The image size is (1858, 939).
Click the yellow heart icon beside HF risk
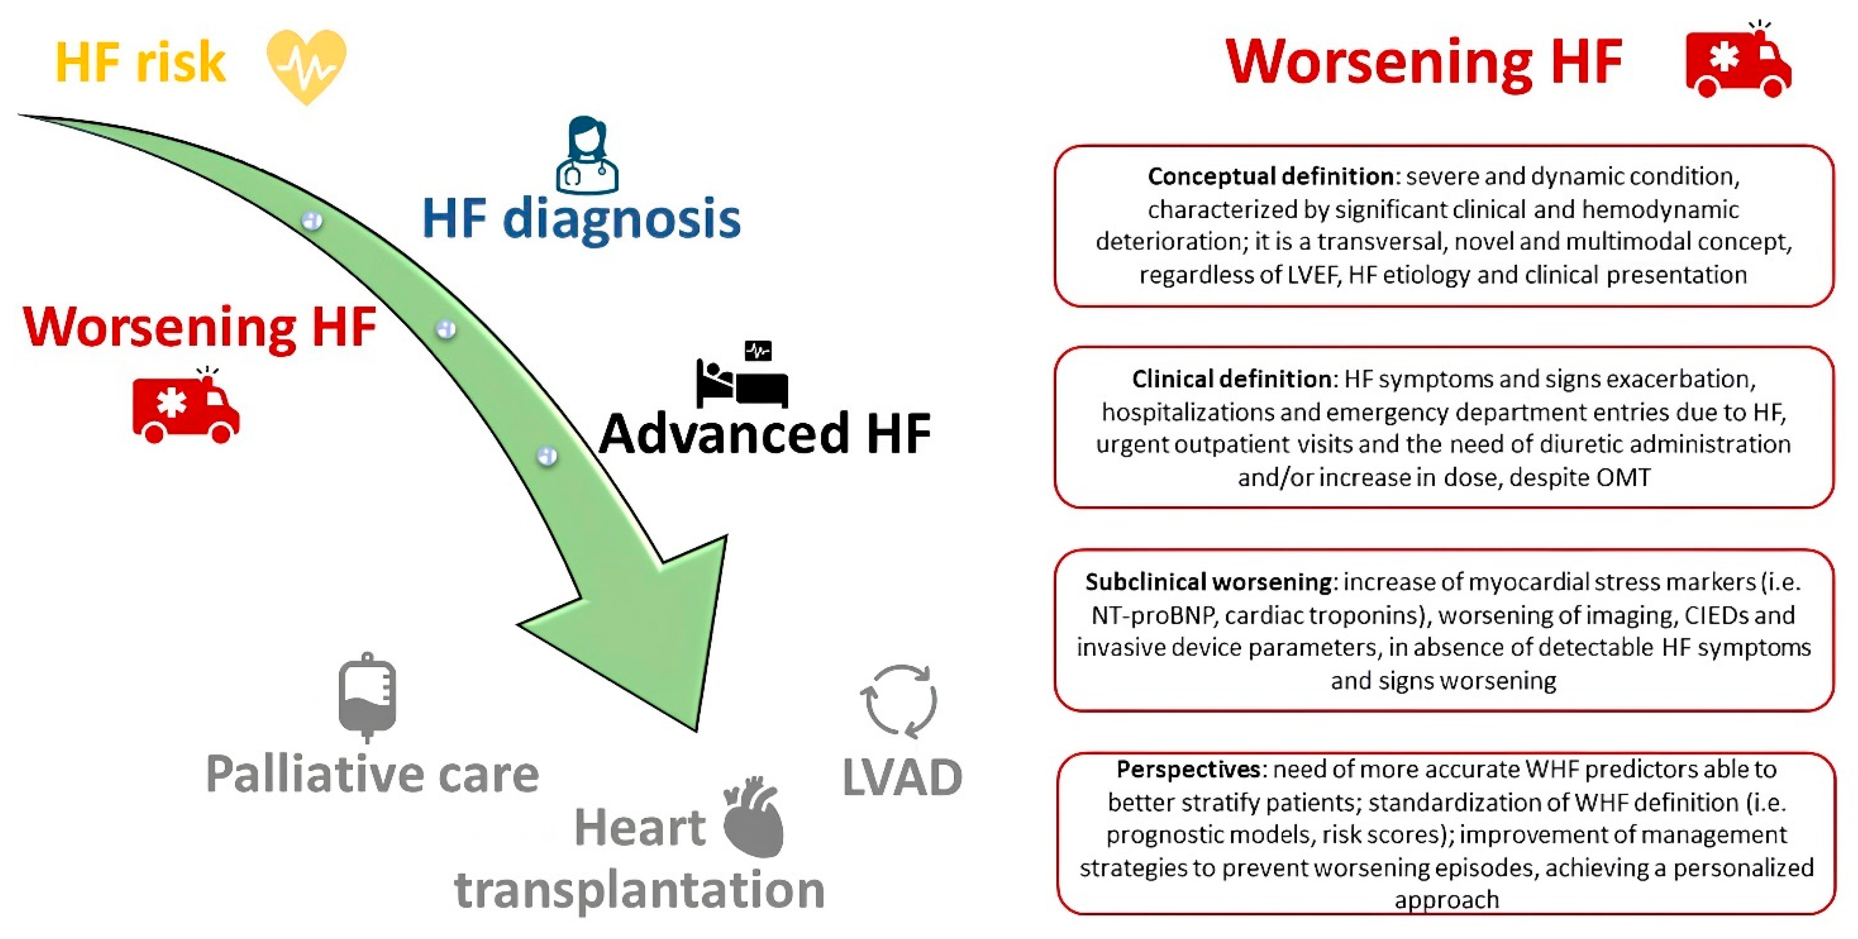pos(306,65)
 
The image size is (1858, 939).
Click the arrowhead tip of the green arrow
pos(696,728)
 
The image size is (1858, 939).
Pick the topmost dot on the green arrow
pos(311,220)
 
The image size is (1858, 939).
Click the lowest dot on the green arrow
pos(547,455)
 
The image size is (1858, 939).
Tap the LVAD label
pos(901,778)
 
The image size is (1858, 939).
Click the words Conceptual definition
pos(1270,176)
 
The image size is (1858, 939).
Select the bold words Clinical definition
pos(1231,379)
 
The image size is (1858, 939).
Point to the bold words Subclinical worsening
pos(1208,581)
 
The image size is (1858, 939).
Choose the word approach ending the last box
pos(1446,900)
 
